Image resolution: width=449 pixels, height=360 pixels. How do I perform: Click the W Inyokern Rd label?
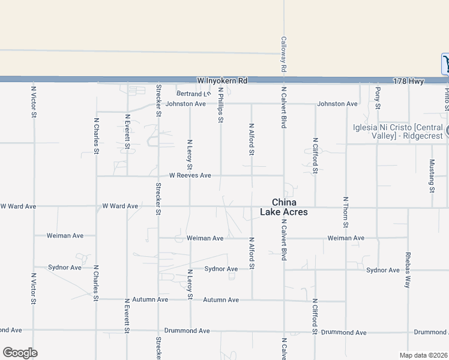[221, 80]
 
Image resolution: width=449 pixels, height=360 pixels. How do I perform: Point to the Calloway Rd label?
[283, 53]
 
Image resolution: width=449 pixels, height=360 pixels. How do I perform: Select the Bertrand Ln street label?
[194, 94]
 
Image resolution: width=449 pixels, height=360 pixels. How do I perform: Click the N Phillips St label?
[220, 105]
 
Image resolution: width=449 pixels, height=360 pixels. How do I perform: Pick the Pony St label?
[378, 98]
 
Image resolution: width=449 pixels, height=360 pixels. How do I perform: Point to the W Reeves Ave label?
[190, 176]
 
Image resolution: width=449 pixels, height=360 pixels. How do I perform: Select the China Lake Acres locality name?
[284, 207]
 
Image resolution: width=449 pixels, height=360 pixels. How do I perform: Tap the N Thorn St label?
[346, 212]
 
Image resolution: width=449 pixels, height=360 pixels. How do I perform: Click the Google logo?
[20, 353]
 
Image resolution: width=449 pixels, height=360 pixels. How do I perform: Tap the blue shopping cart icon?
[445, 64]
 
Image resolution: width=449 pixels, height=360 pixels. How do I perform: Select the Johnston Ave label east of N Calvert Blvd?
[337, 104]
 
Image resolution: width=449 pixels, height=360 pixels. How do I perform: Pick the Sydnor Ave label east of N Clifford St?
[383, 270]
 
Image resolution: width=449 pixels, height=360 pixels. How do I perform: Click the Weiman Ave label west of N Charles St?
[65, 236]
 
